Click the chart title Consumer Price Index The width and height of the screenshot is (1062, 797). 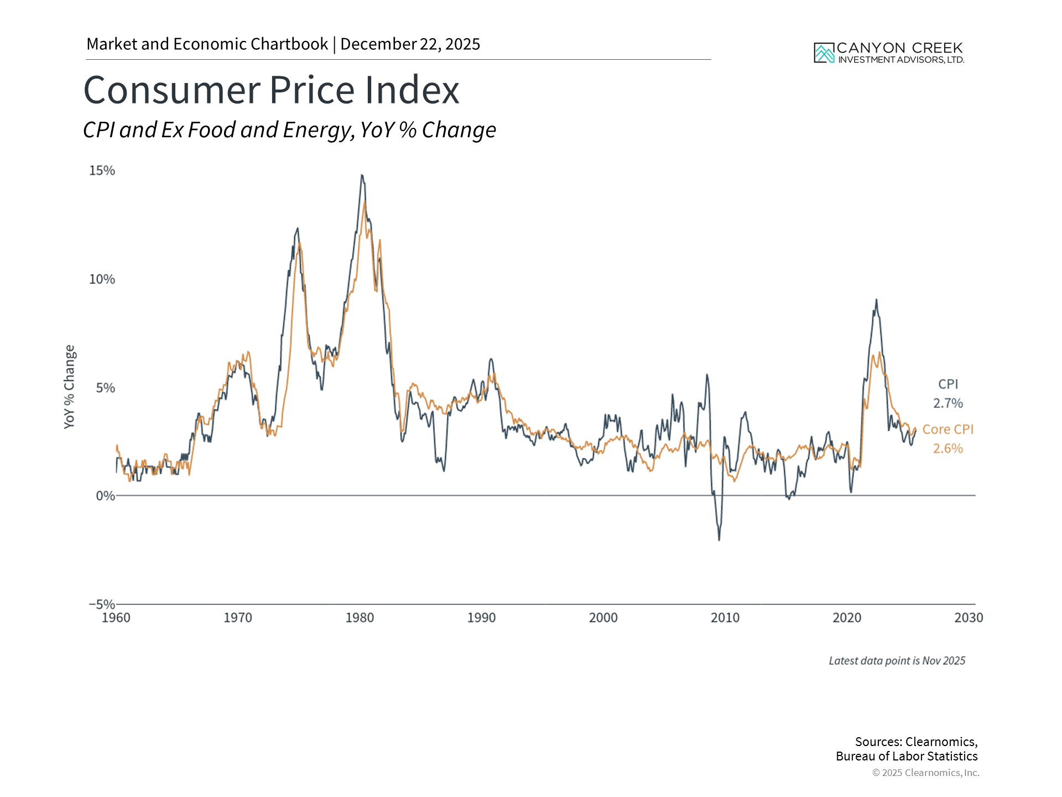(x=271, y=90)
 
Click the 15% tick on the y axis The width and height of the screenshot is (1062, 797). (x=102, y=170)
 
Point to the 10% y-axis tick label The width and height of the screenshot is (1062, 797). (x=102, y=279)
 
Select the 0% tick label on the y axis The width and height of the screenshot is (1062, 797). (x=105, y=496)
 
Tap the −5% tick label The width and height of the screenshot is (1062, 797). (x=102, y=604)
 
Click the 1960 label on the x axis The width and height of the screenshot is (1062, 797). (x=116, y=618)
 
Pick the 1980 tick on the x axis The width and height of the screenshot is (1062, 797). (x=360, y=618)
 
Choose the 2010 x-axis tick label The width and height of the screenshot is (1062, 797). (x=725, y=618)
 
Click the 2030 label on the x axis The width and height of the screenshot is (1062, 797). (x=969, y=618)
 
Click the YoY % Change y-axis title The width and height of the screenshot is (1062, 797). (x=69, y=386)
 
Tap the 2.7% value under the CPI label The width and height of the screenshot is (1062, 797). (x=948, y=403)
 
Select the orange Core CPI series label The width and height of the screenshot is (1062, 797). (x=948, y=429)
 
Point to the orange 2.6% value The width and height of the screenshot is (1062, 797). (x=948, y=448)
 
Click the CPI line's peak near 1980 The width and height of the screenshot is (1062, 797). (x=362, y=175)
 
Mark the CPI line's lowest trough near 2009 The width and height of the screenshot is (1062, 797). (x=719, y=540)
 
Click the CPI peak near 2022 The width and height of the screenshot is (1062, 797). (x=876, y=300)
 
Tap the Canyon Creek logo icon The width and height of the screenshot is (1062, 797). (x=824, y=53)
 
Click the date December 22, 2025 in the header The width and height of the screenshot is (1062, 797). (x=410, y=44)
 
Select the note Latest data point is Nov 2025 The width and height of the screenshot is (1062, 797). (x=897, y=661)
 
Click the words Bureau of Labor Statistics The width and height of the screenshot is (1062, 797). (x=907, y=756)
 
